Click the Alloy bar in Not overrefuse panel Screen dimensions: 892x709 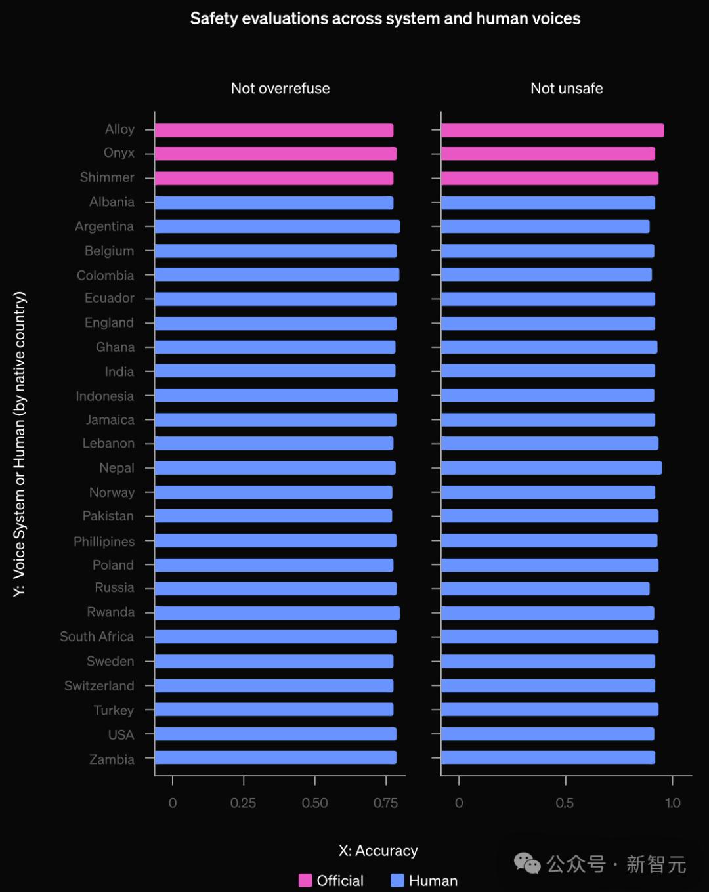pos(274,130)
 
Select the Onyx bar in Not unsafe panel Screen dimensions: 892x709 pos(548,154)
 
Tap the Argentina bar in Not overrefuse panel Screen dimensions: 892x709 pos(277,226)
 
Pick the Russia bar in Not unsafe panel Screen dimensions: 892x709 pos(545,588)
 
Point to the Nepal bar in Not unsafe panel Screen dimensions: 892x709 pos(551,468)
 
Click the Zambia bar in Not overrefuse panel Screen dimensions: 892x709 pos(275,757)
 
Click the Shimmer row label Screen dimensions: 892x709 pos(107,177)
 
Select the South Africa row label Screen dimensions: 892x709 pos(97,637)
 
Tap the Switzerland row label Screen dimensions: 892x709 pos(99,686)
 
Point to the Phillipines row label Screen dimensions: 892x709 pos(104,542)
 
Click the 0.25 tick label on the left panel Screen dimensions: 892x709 pos(243,803)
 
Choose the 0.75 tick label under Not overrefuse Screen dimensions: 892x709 pos(385,803)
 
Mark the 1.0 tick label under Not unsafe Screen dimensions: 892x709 pos(673,803)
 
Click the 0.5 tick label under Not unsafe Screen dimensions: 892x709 pos(565,803)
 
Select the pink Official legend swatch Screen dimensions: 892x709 pos(305,880)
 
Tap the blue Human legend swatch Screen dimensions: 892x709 pos(397,880)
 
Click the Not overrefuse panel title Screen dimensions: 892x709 pos(280,89)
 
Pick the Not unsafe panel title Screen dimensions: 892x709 pos(567,89)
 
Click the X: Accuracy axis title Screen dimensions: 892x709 pos(378,851)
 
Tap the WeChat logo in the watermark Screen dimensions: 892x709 pos(527,863)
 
